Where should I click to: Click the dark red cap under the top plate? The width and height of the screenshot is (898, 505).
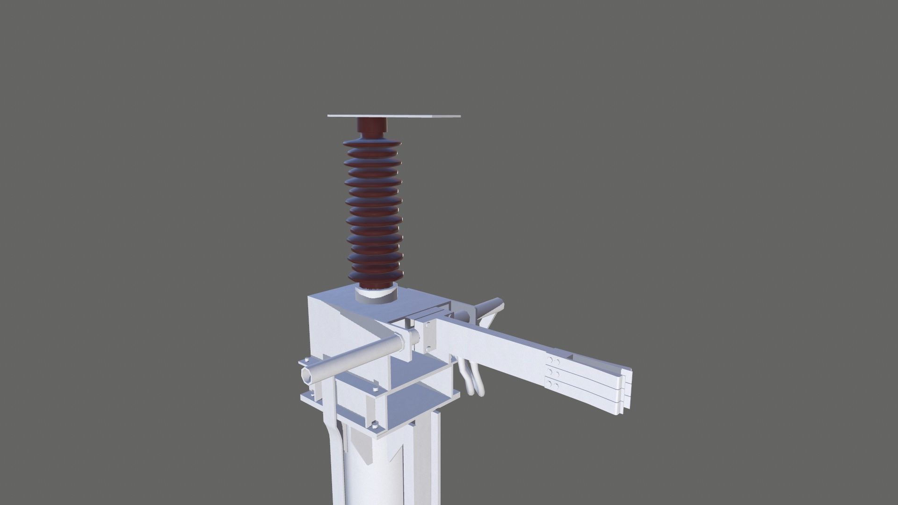pos(372,126)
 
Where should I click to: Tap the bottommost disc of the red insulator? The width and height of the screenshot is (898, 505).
pos(374,276)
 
